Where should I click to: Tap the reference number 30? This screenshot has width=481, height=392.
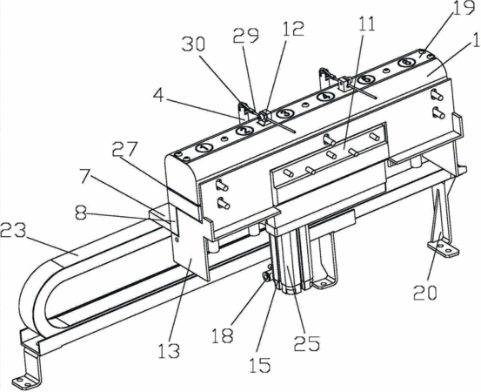[x=193, y=44]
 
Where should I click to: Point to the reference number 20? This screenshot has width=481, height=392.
[x=424, y=292]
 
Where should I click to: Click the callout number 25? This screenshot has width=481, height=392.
[x=307, y=342]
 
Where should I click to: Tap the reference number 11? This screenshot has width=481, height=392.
[x=368, y=24]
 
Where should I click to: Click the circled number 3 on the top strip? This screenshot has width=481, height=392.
[x=286, y=113]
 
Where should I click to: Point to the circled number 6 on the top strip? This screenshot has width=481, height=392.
[x=406, y=63]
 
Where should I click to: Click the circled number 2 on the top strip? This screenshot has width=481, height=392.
[x=244, y=132]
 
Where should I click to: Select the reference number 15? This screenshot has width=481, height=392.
[x=260, y=366]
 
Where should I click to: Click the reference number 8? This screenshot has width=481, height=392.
[x=81, y=213]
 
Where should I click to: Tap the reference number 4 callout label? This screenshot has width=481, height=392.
[x=158, y=96]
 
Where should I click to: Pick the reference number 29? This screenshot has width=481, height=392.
[x=245, y=37]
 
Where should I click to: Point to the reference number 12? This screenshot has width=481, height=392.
[x=294, y=29]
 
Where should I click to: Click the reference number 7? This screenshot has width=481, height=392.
[x=88, y=178]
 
